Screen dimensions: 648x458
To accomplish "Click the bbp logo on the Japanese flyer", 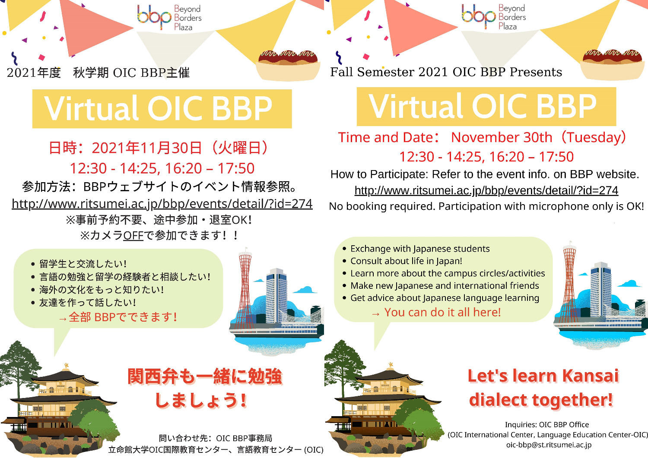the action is click(x=169, y=17).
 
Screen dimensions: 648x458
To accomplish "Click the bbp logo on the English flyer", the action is click(x=493, y=17).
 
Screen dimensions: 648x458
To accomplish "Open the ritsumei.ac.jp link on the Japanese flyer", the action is click(x=162, y=204).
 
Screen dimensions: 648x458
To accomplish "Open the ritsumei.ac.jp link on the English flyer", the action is click(x=486, y=190).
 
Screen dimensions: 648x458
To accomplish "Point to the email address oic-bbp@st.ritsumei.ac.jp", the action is click(x=549, y=445).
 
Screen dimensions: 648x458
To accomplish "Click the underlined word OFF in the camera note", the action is click(x=133, y=236).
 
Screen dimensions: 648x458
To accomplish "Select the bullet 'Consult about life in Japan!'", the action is click(x=406, y=261).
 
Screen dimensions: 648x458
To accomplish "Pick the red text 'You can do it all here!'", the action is click(x=442, y=312).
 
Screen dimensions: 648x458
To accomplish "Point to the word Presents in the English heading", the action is click(x=536, y=72).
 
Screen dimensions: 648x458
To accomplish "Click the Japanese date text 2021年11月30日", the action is click(x=146, y=148).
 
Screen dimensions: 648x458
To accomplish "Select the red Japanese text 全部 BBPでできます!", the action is click(x=123, y=317).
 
